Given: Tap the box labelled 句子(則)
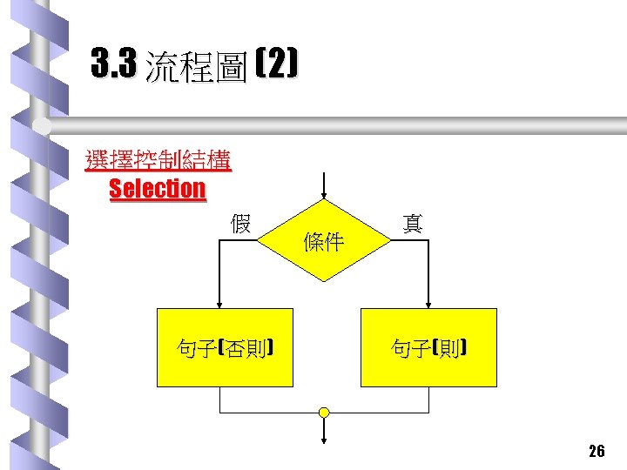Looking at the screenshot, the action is [428, 347].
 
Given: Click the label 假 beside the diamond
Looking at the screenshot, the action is [240, 224].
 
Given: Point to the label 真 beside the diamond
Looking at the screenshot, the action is [413, 224].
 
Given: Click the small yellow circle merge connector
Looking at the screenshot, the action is [324, 412].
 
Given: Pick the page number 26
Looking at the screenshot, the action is [597, 450].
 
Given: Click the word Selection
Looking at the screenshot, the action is [158, 188].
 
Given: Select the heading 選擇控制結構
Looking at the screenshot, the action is [158, 160].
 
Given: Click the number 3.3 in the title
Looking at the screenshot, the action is [114, 64].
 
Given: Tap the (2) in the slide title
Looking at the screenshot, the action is [278, 64].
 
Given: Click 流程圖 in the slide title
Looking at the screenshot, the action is [197, 66].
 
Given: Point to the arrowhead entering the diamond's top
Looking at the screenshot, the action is [324, 194].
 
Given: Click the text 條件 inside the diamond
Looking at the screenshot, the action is [323, 243].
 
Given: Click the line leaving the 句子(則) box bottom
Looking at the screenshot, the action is [428, 399].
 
